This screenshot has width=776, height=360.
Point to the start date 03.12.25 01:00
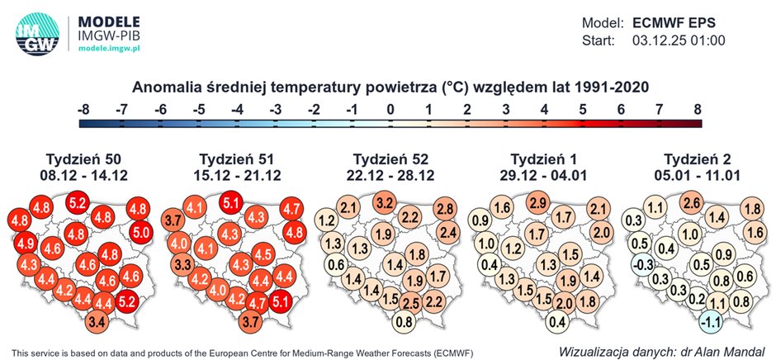coord(679,40)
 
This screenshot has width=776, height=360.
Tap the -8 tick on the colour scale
coord(83,108)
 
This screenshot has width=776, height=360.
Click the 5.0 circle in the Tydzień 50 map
coord(140,233)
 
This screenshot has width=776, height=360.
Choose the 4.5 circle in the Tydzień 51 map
coord(264,253)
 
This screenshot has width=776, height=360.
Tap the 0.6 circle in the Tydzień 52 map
coord(336,266)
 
